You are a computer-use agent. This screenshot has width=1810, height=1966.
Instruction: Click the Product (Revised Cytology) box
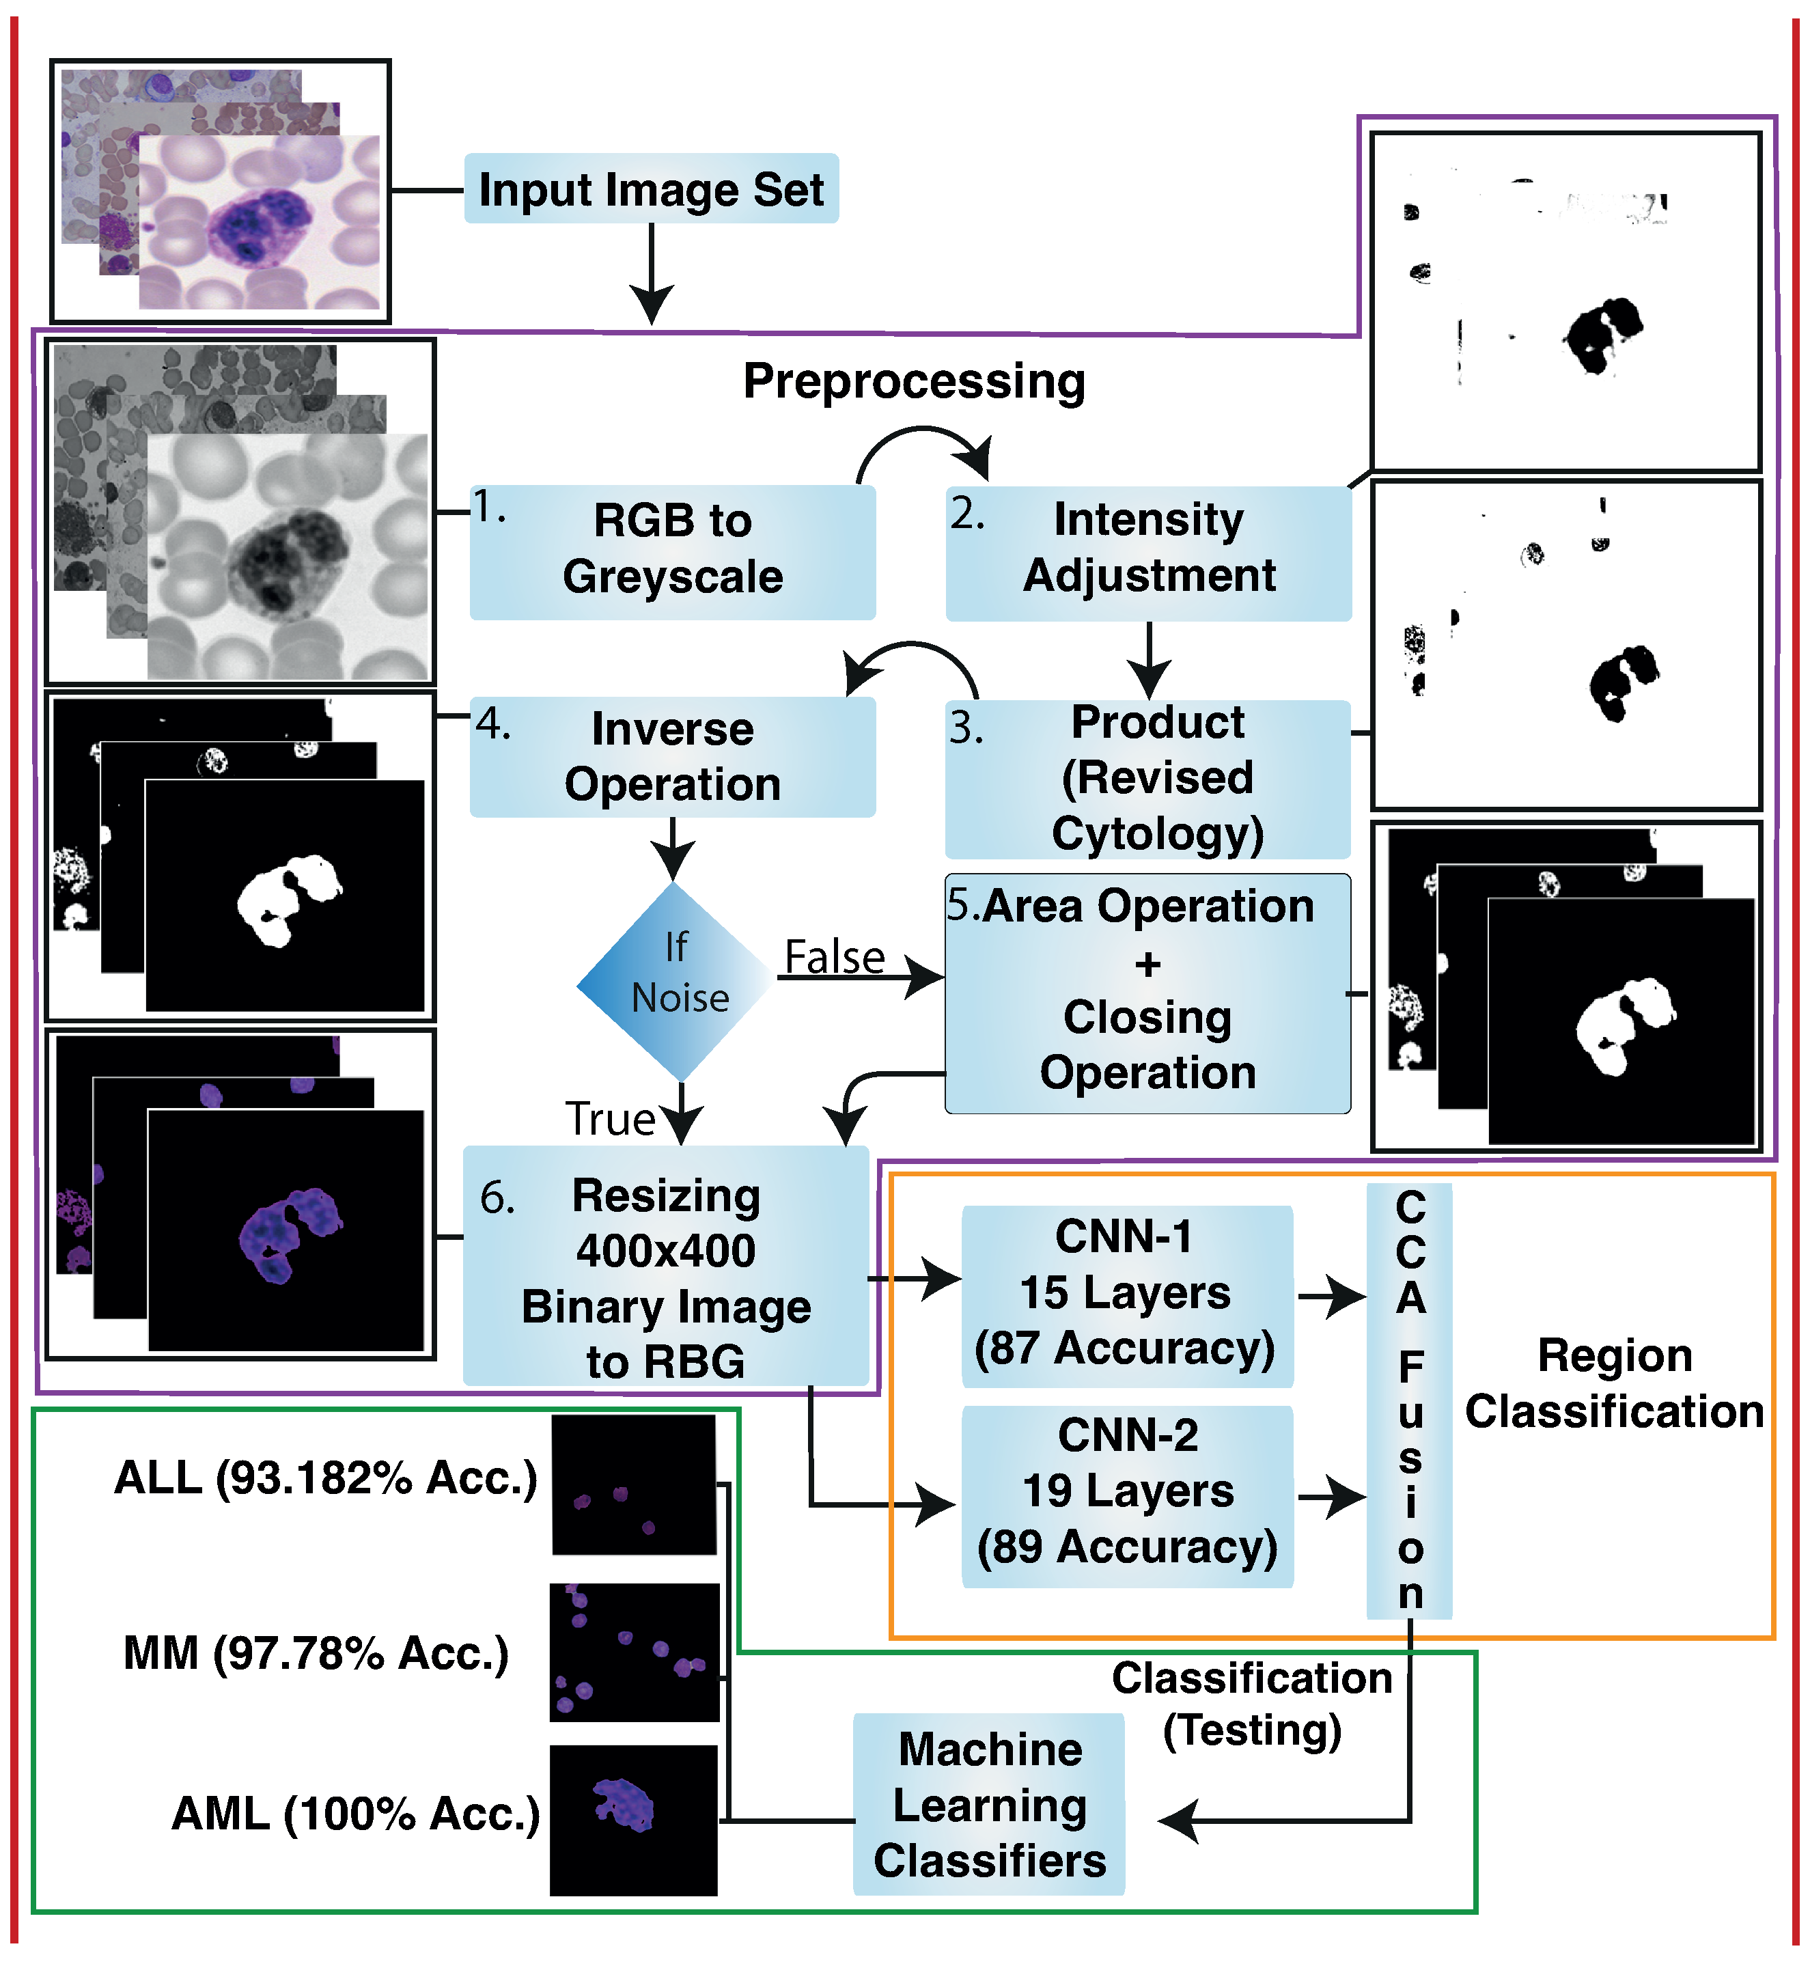click(x=1148, y=779)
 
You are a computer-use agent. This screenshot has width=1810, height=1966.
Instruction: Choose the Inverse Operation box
click(x=672, y=756)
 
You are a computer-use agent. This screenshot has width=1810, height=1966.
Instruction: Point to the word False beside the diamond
click(x=835, y=957)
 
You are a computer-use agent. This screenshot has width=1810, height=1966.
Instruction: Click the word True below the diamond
click(x=609, y=1119)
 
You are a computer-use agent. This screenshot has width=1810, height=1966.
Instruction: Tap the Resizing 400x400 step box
click(x=666, y=1266)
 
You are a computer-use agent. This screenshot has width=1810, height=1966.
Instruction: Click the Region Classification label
click(x=1614, y=1383)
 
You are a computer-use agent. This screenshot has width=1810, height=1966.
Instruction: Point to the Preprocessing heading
click(x=914, y=381)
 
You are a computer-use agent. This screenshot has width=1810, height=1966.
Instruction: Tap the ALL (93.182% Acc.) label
click(x=326, y=1477)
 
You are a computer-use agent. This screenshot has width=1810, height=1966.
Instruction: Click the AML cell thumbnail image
click(x=632, y=1820)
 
